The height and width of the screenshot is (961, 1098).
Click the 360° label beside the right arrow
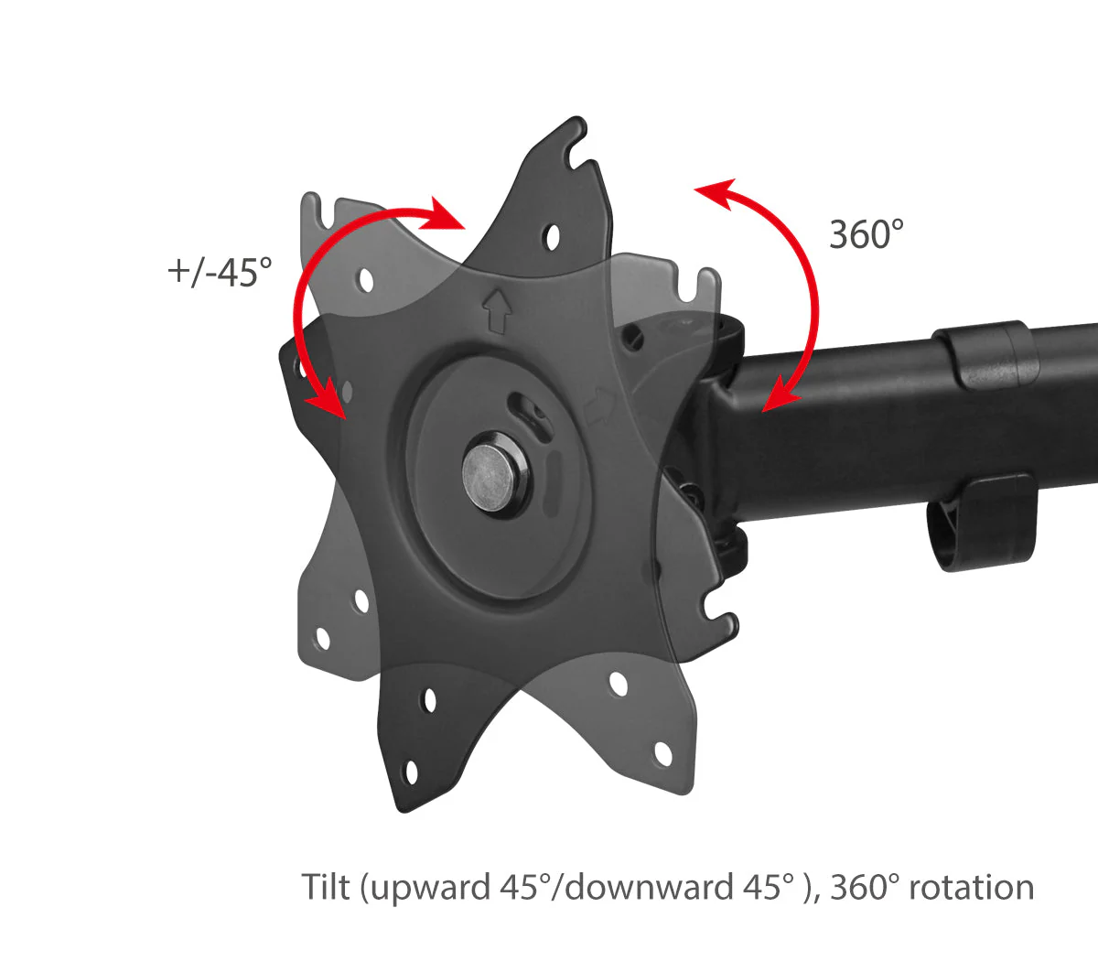pos(867,234)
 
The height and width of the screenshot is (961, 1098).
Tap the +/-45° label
pos(220,272)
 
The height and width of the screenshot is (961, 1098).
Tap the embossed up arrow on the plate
pos(497,311)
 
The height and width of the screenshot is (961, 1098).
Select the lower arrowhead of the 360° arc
pos(780,394)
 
